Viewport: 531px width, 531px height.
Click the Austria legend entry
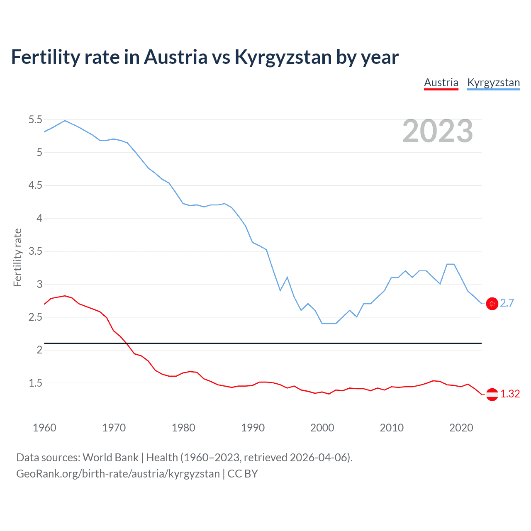pos(441,83)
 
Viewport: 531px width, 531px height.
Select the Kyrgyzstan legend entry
pos(493,83)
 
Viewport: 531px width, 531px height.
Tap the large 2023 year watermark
pos(438,131)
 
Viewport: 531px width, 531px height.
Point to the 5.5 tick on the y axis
pos(35,120)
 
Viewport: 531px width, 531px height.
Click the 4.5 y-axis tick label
pos(35,185)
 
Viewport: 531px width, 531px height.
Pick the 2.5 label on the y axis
pos(35,317)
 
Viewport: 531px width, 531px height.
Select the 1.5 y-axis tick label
pos(35,383)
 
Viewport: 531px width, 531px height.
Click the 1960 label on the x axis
pos(44,428)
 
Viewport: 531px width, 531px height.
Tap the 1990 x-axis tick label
pos(253,428)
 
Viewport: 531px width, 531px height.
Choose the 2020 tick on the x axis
pos(461,428)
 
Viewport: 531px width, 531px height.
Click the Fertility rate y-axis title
pos(17,257)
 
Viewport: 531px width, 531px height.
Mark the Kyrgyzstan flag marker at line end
pos(492,304)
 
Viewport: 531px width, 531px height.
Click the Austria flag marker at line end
pos(492,394)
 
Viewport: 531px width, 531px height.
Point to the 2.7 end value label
pos(507,303)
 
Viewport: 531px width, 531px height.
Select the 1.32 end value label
pos(510,394)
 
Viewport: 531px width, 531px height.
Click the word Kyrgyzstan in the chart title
pos(283,57)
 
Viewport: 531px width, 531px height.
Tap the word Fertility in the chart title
pos(45,57)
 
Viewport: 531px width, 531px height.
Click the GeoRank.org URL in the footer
pos(118,474)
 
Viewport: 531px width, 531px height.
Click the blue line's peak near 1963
pos(65,120)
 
